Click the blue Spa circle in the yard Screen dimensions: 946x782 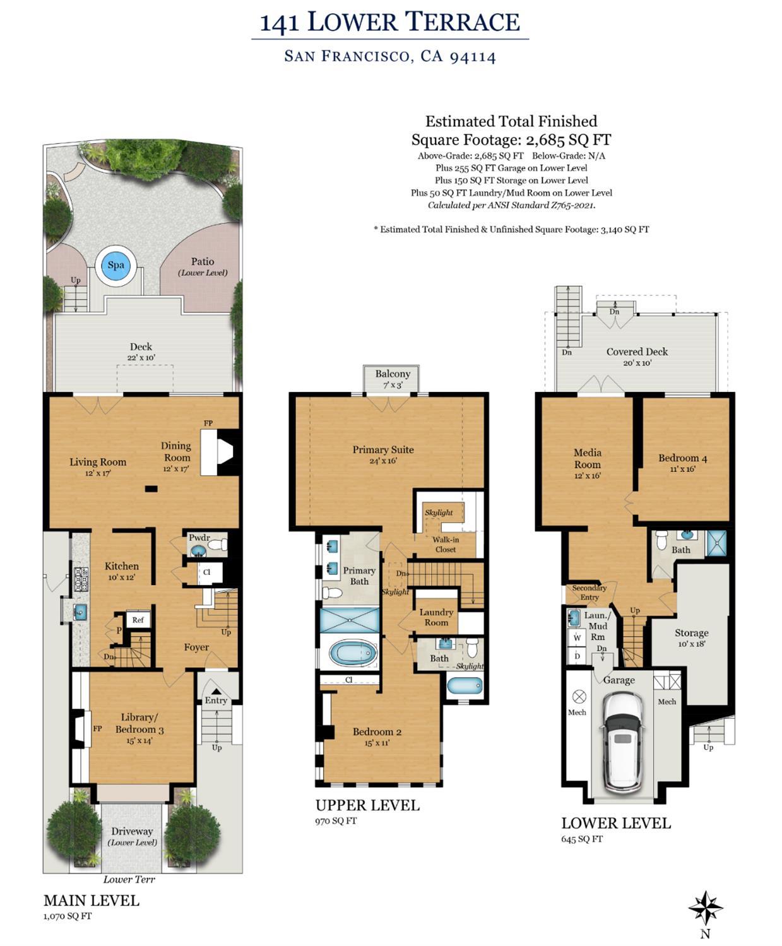[116, 265]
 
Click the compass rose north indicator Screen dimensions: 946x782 [705, 909]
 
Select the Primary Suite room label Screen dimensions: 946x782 [383, 450]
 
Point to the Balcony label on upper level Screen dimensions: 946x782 [393, 374]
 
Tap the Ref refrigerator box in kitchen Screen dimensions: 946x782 [138, 620]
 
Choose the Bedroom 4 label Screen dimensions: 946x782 [682, 458]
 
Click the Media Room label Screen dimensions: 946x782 [587, 458]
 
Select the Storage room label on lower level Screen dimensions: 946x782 [691, 633]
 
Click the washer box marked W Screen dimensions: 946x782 [577, 637]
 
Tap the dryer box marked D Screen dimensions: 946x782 [577, 656]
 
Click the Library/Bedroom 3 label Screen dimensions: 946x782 [139, 723]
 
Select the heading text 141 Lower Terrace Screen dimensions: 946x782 [389, 22]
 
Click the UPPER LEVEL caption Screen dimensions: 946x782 [367, 805]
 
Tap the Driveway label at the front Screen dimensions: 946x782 [132, 831]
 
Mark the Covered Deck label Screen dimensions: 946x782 [636, 352]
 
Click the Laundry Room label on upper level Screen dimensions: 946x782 [436, 617]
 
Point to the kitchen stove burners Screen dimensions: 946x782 [81, 579]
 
